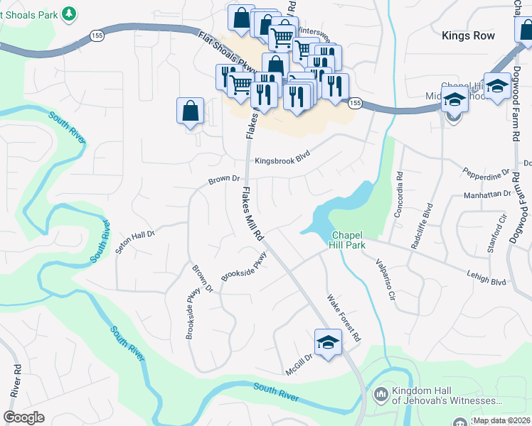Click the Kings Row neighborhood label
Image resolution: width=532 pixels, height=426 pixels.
click(467, 35)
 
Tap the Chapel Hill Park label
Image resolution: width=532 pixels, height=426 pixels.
click(347, 240)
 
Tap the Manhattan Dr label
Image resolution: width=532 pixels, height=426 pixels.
click(489, 193)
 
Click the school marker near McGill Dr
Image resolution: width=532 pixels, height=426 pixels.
click(328, 342)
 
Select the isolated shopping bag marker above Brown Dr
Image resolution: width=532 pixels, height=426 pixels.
click(190, 111)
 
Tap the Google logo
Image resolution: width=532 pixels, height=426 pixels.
click(23, 417)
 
